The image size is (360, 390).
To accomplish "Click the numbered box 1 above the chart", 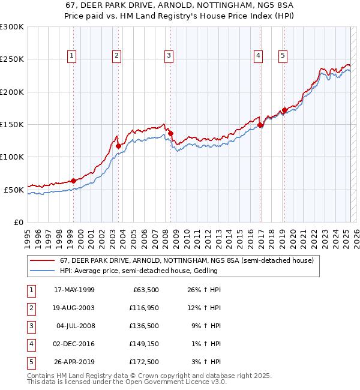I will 72,56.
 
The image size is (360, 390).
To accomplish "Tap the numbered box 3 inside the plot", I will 169,56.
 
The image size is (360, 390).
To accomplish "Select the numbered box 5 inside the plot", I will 283,56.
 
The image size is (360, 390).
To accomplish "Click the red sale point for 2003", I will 118,146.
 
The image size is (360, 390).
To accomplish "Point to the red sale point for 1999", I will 73,181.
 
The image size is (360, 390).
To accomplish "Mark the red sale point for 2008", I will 170,133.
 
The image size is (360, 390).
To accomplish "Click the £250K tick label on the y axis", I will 12,59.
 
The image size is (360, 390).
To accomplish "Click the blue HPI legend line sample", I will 43,271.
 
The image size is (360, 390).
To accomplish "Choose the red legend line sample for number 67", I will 43,260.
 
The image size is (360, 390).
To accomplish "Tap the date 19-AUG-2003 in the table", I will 74,308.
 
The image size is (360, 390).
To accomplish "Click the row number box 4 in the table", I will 31,344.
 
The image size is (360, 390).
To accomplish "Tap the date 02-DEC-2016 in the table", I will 74,344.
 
